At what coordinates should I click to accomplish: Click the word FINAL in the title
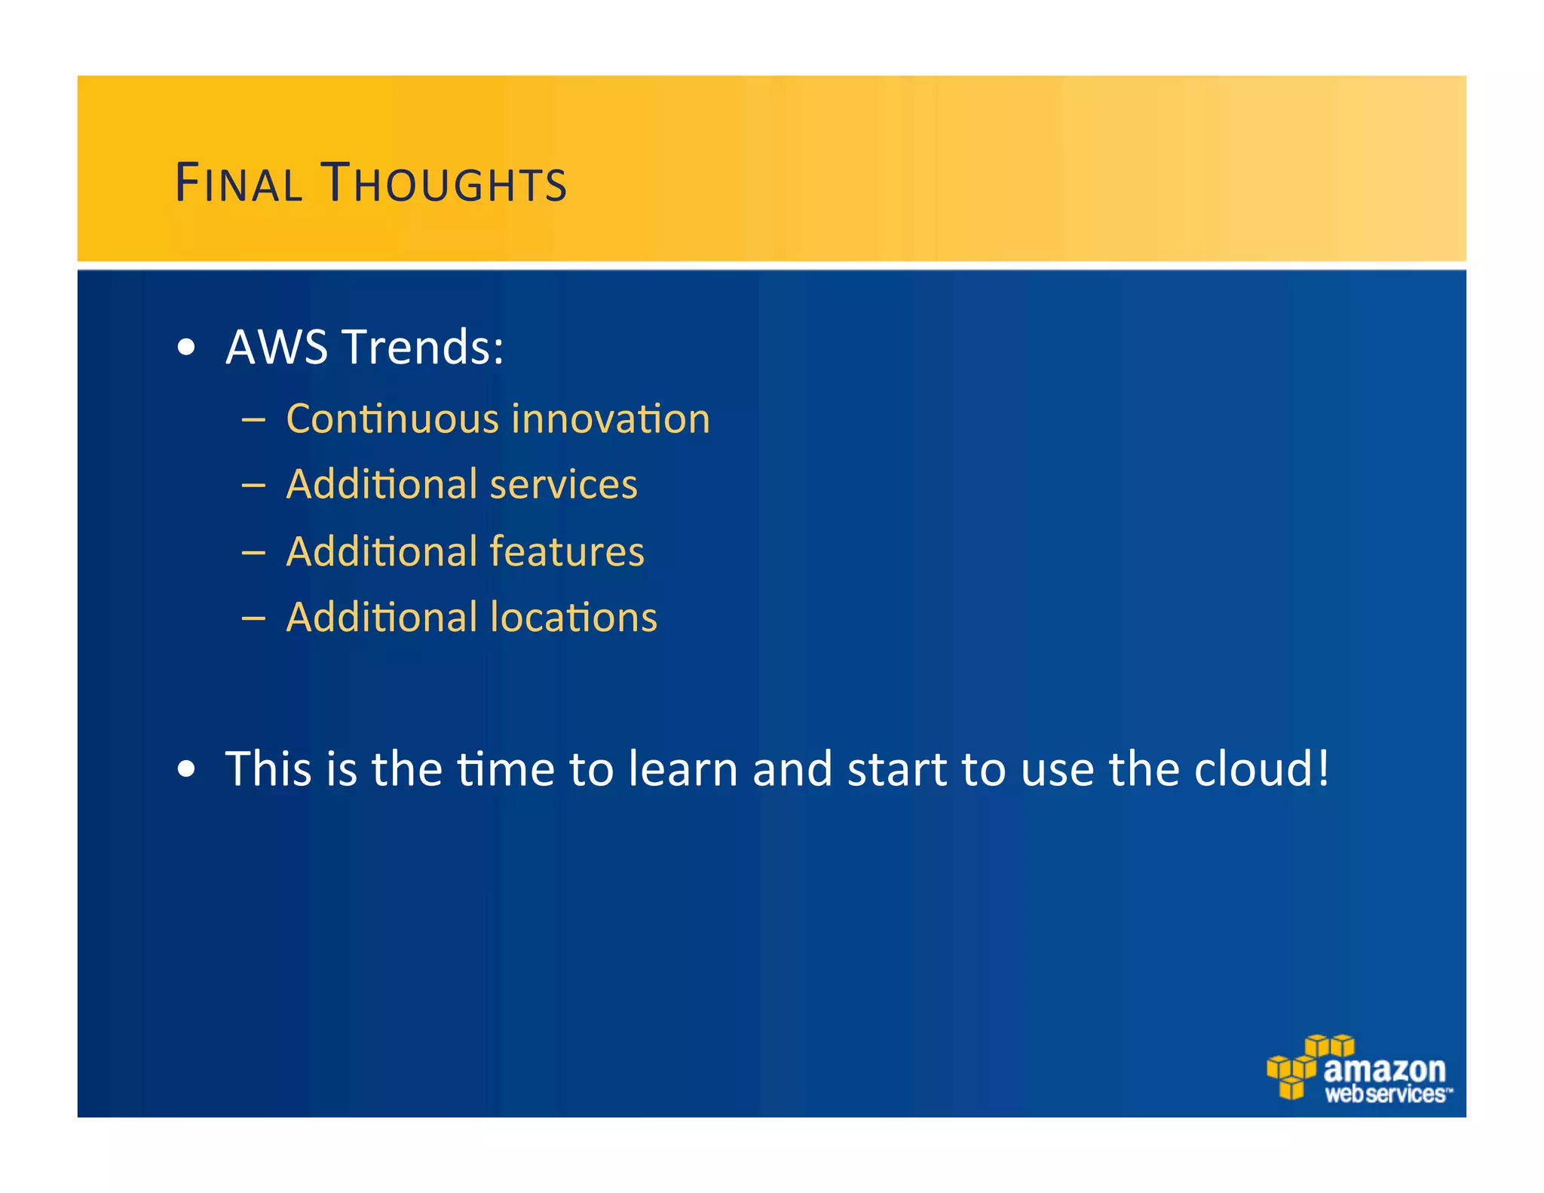pos(238,183)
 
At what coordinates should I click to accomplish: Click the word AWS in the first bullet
pos(277,347)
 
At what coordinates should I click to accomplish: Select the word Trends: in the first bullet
pos(423,347)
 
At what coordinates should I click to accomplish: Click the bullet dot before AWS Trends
pos(186,348)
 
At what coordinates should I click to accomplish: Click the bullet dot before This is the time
pos(186,770)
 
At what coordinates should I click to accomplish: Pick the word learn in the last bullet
pos(683,769)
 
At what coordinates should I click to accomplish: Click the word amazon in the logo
pos(1384,1069)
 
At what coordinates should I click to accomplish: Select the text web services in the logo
pos(1386,1094)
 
